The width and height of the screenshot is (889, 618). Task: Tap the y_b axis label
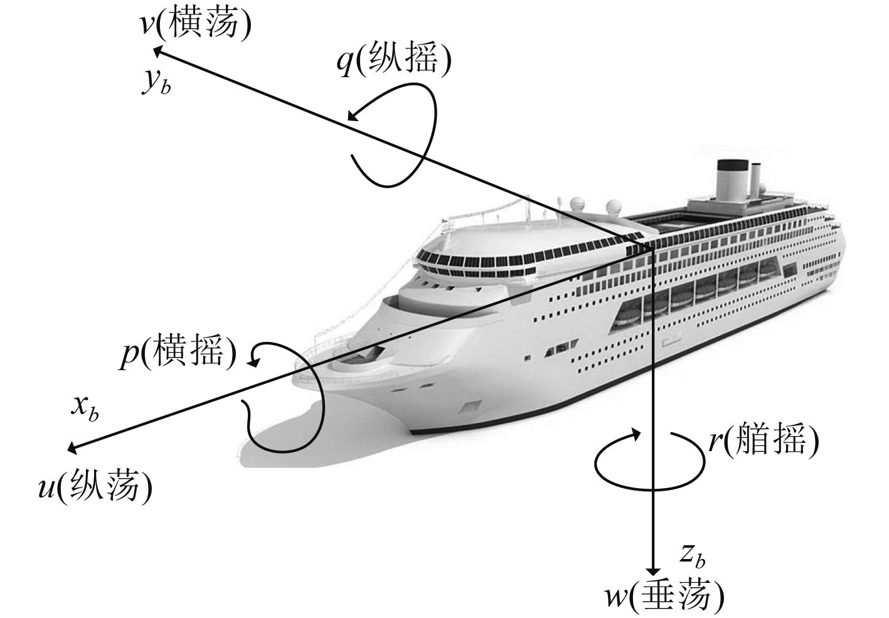click(x=155, y=83)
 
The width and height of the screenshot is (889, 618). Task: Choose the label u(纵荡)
click(x=95, y=486)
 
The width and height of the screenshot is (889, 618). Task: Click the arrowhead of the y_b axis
click(x=158, y=48)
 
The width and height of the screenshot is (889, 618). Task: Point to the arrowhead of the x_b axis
click(x=71, y=448)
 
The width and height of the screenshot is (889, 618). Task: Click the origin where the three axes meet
click(x=652, y=249)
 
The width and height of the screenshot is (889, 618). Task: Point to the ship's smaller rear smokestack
click(x=757, y=179)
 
